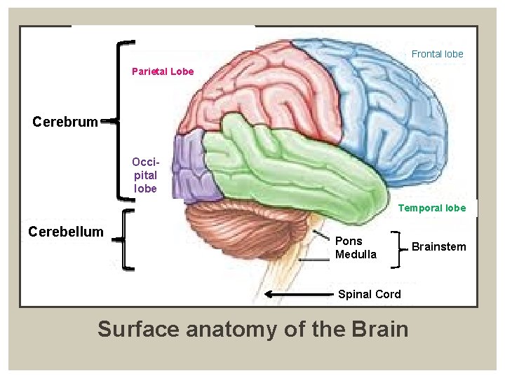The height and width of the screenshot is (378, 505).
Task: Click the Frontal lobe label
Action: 437,54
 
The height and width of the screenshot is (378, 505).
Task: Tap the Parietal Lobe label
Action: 163,71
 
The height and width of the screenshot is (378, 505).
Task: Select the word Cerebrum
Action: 65,122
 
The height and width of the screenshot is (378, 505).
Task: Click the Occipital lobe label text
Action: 145,175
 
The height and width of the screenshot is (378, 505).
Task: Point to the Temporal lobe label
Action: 432,208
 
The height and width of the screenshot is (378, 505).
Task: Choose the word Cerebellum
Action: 66,232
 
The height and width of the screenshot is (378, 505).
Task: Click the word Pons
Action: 349,241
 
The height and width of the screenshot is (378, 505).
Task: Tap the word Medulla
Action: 356,254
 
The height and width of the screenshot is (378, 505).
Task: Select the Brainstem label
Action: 438,246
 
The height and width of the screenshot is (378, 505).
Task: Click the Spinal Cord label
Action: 370,294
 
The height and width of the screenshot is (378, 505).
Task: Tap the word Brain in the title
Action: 377,328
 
